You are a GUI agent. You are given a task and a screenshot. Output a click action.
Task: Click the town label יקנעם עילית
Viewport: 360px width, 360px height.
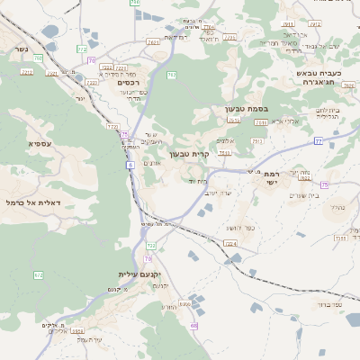[139, 274]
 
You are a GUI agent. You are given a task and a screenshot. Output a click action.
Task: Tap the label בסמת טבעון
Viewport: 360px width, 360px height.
[241, 109]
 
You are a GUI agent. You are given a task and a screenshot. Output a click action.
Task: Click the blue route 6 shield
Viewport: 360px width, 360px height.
[130, 166]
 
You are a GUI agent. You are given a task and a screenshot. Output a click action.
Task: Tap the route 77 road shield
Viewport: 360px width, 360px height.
[318, 141]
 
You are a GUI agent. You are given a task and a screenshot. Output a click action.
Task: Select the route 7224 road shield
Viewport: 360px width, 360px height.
[230, 244]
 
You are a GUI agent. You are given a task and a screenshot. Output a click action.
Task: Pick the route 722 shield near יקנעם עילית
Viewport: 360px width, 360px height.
[151, 245]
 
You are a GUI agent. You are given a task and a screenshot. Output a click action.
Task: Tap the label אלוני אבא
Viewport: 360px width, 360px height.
[283, 121]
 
